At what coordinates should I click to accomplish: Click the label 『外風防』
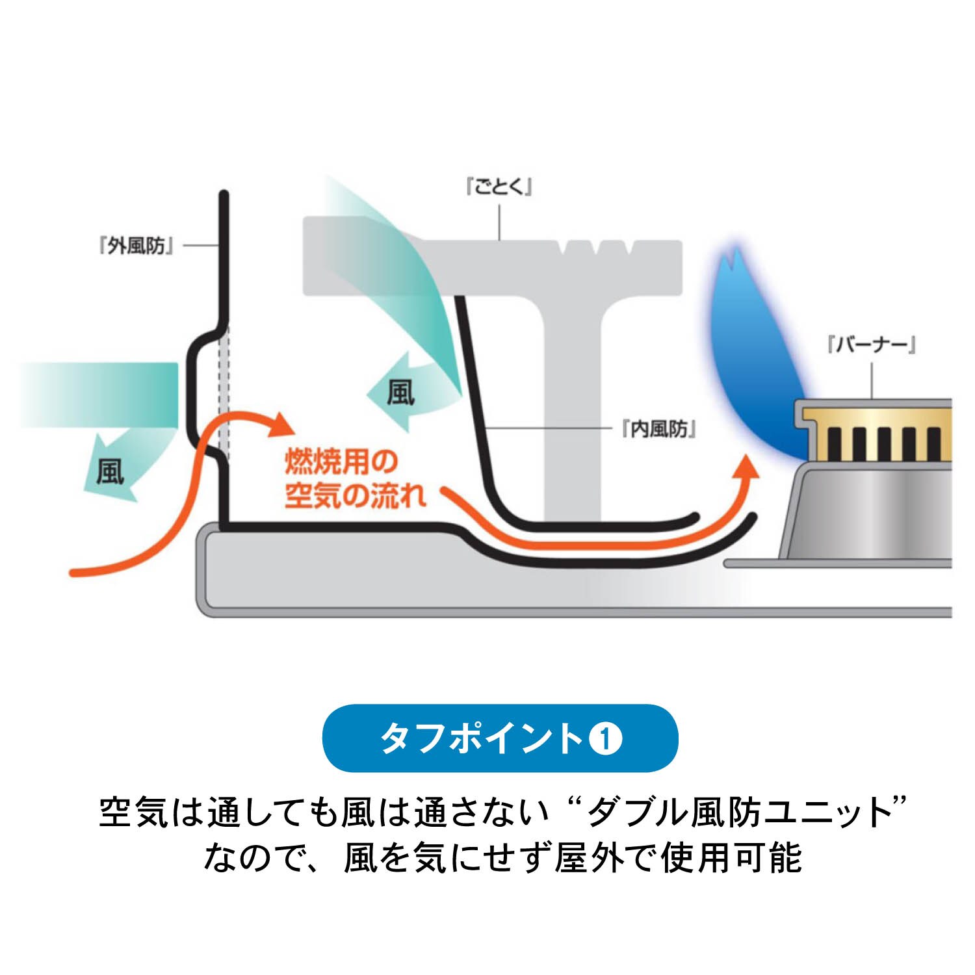(136, 246)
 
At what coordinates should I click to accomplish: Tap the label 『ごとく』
(499, 187)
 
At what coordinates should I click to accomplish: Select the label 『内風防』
(659, 429)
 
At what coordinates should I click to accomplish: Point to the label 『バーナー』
(872, 344)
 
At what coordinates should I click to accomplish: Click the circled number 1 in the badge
(605, 738)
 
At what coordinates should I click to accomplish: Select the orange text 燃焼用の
(341, 461)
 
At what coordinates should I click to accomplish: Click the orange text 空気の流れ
(355, 496)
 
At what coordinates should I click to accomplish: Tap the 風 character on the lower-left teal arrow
(110, 471)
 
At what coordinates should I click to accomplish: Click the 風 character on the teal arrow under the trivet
(400, 393)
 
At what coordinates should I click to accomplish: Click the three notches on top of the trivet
(596, 248)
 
